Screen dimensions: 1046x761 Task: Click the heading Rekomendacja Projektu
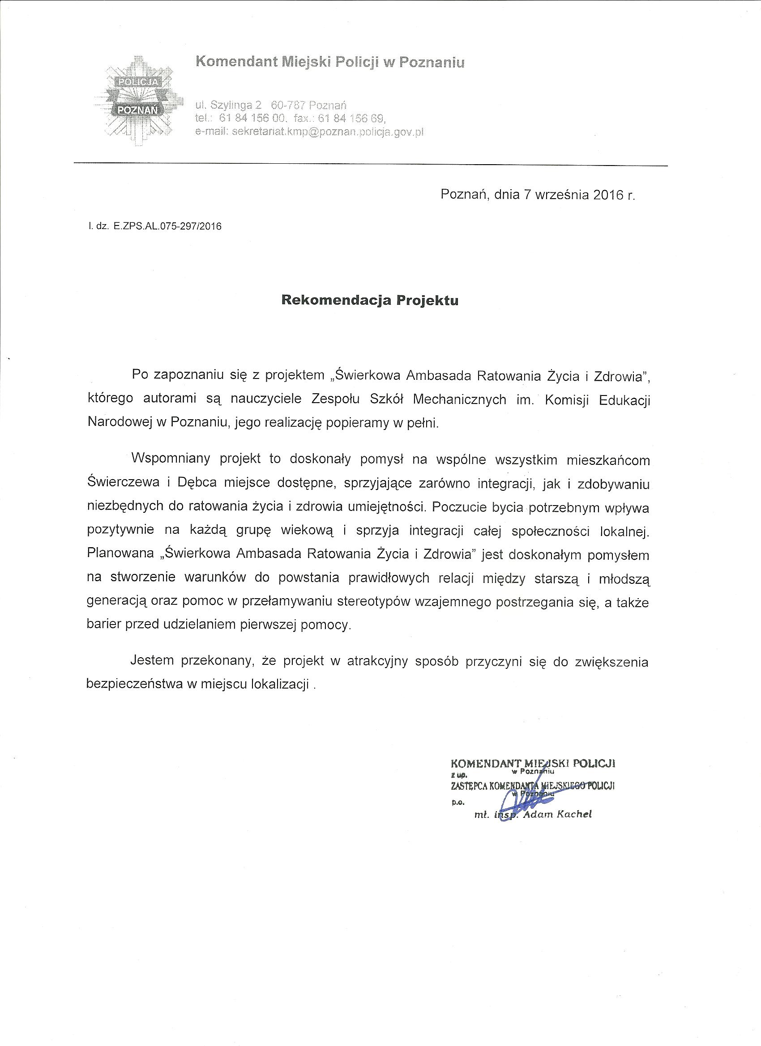coord(370,301)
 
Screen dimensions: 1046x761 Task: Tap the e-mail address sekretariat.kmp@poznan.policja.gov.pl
coord(328,132)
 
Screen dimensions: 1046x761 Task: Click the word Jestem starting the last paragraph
coord(152,660)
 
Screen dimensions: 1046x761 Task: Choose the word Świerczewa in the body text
coord(123,483)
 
